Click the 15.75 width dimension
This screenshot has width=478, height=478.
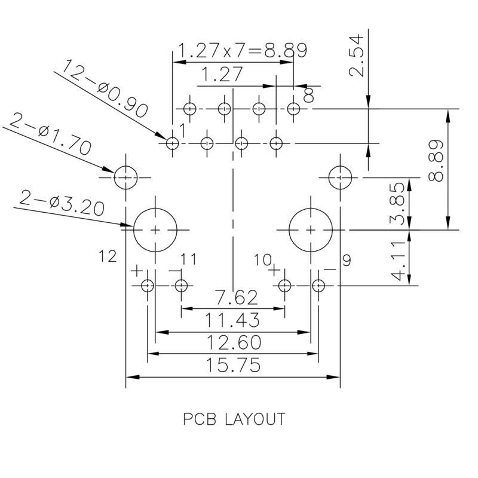[232, 365]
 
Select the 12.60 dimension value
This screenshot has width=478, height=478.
[232, 343]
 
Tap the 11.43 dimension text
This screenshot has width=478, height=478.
[232, 321]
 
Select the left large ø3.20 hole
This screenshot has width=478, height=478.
[155, 229]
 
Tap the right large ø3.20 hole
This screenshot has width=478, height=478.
[311, 229]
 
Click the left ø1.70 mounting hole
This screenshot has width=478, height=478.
[126, 177]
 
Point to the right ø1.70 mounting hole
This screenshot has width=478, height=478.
[340, 177]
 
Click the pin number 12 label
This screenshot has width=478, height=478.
[108, 257]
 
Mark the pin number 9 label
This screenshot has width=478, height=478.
[348, 260]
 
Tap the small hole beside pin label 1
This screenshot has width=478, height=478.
[172, 143]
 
